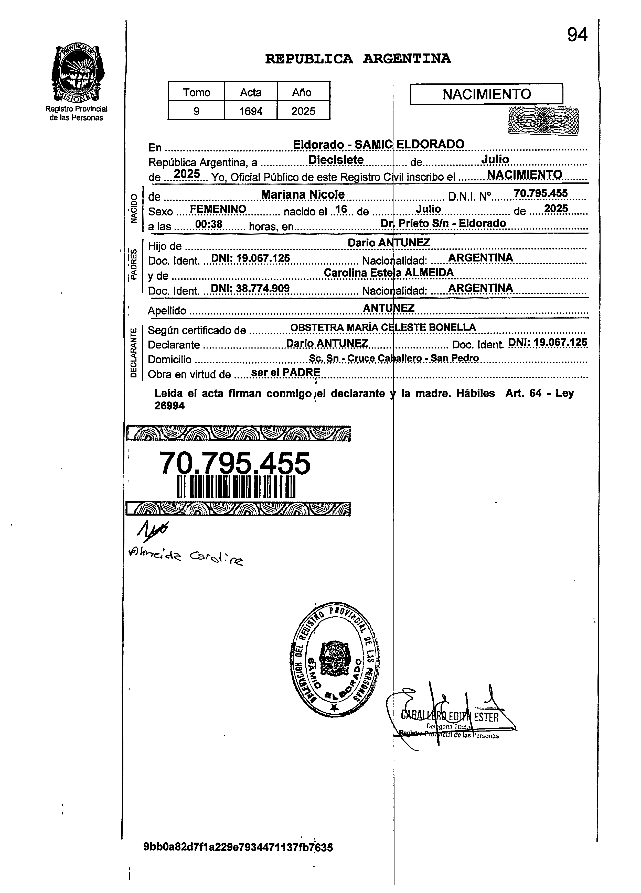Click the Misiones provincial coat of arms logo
(x=78, y=73)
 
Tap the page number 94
(x=577, y=35)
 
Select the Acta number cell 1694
(x=251, y=111)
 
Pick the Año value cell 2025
(x=303, y=111)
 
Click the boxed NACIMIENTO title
(x=487, y=94)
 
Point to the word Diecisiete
(x=336, y=160)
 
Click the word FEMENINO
(x=218, y=209)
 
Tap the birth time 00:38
(x=209, y=224)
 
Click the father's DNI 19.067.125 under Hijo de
(x=251, y=258)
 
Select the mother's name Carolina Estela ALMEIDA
(x=388, y=273)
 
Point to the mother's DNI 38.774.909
(x=250, y=289)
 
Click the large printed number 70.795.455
(x=235, y=463)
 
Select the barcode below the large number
(x=236, y=487)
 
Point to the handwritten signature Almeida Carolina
(x=185, y=557)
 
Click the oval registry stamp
(x=335, y=659)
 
